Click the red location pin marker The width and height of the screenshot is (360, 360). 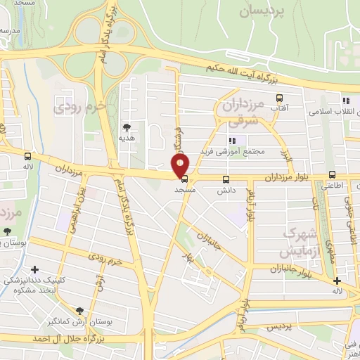(x=181, y=165)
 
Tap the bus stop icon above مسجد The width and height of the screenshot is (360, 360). (x=184, y=179)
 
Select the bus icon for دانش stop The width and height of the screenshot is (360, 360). (x=226, y=179)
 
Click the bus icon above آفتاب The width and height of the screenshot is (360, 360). (x=279, y=98)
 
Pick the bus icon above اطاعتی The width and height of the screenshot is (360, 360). (x=332, y=175)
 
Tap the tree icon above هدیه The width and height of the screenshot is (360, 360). (x=127, y=127)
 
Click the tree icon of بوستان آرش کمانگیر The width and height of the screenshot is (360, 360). (x=79, y=310)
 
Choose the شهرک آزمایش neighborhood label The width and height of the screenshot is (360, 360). (x=301, y=241)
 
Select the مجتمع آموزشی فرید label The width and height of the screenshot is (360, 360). (x=232, y=151)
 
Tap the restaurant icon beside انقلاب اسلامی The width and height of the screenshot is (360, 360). (x=345, y=101)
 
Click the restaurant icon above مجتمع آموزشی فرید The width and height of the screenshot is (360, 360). (x=233, y=141)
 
